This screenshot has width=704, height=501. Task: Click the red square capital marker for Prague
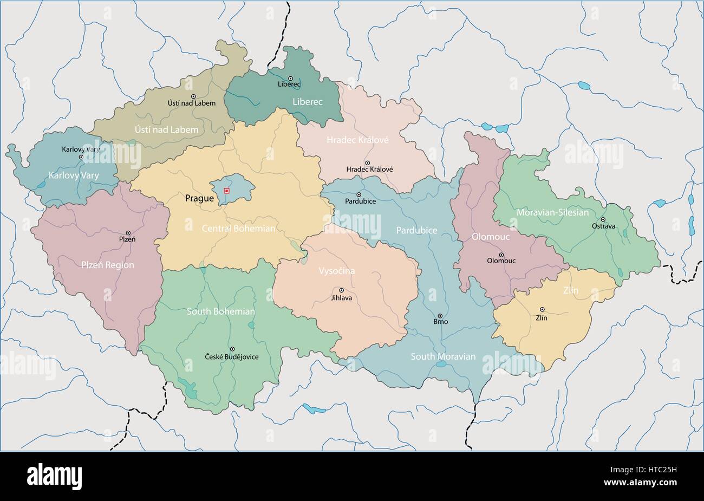226,190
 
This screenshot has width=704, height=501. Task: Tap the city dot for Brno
440,316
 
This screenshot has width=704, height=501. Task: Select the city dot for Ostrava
603,219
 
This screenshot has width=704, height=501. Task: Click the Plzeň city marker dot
128,232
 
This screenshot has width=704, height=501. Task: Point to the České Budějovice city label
231,357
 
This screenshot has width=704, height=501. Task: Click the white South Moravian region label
443,356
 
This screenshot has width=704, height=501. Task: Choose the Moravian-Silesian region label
552,212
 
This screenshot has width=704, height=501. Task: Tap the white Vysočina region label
336,271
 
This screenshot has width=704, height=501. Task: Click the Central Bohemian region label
238,229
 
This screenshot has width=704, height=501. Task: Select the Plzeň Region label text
107,265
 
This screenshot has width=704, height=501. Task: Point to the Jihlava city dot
341,290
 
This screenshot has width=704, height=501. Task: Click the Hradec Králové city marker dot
367,162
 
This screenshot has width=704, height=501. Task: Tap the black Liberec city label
289,84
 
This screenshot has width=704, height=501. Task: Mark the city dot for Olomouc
501,255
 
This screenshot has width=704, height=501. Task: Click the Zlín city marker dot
542,309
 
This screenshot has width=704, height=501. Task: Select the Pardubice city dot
358,194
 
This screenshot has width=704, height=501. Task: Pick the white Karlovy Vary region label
74,175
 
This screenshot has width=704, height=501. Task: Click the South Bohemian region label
220,311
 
